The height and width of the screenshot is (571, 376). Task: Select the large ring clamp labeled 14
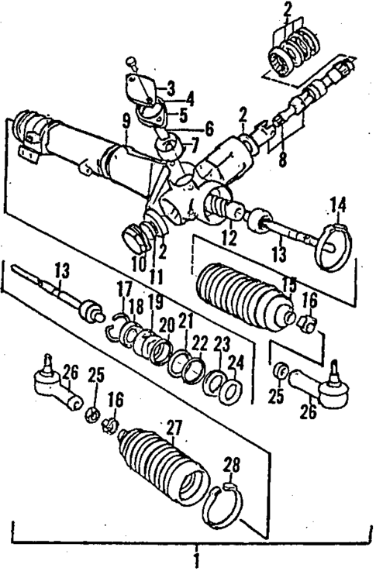[x=335, y=244]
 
